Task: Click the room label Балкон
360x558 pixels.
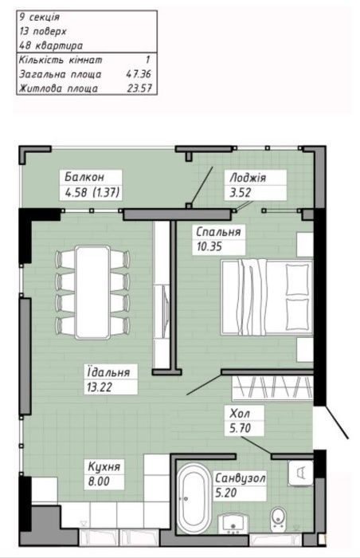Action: [x=84, y=177]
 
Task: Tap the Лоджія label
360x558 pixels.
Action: [x=248, y=177]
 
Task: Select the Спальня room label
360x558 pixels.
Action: [x=218, y=232]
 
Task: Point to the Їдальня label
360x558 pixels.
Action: [x=108, y=372]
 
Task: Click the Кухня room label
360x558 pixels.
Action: [x=104, y=466]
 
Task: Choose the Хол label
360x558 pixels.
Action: [x=240, y=413]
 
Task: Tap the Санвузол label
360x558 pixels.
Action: [x=241, y=478]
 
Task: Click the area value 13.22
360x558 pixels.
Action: [x=100, y=387]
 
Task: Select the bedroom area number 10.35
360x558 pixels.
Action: [x=209, y=246]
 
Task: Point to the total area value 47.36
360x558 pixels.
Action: [x=139, y=74]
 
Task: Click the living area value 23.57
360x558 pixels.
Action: [x=139, y=88]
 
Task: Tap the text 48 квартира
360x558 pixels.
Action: [x=51, y=45]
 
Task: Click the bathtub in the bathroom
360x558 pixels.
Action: [x=192, y=498]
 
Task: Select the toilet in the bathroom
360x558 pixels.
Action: [x=277, y=519]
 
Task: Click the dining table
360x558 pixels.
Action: [x=92, y=292]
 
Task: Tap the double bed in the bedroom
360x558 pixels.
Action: [x=267, y=297]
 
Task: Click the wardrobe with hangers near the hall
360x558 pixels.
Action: [x=272, y=387]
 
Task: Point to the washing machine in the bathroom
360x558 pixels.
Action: [x=300, y=473]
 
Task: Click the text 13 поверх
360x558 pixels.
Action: [x=43, y=31]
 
